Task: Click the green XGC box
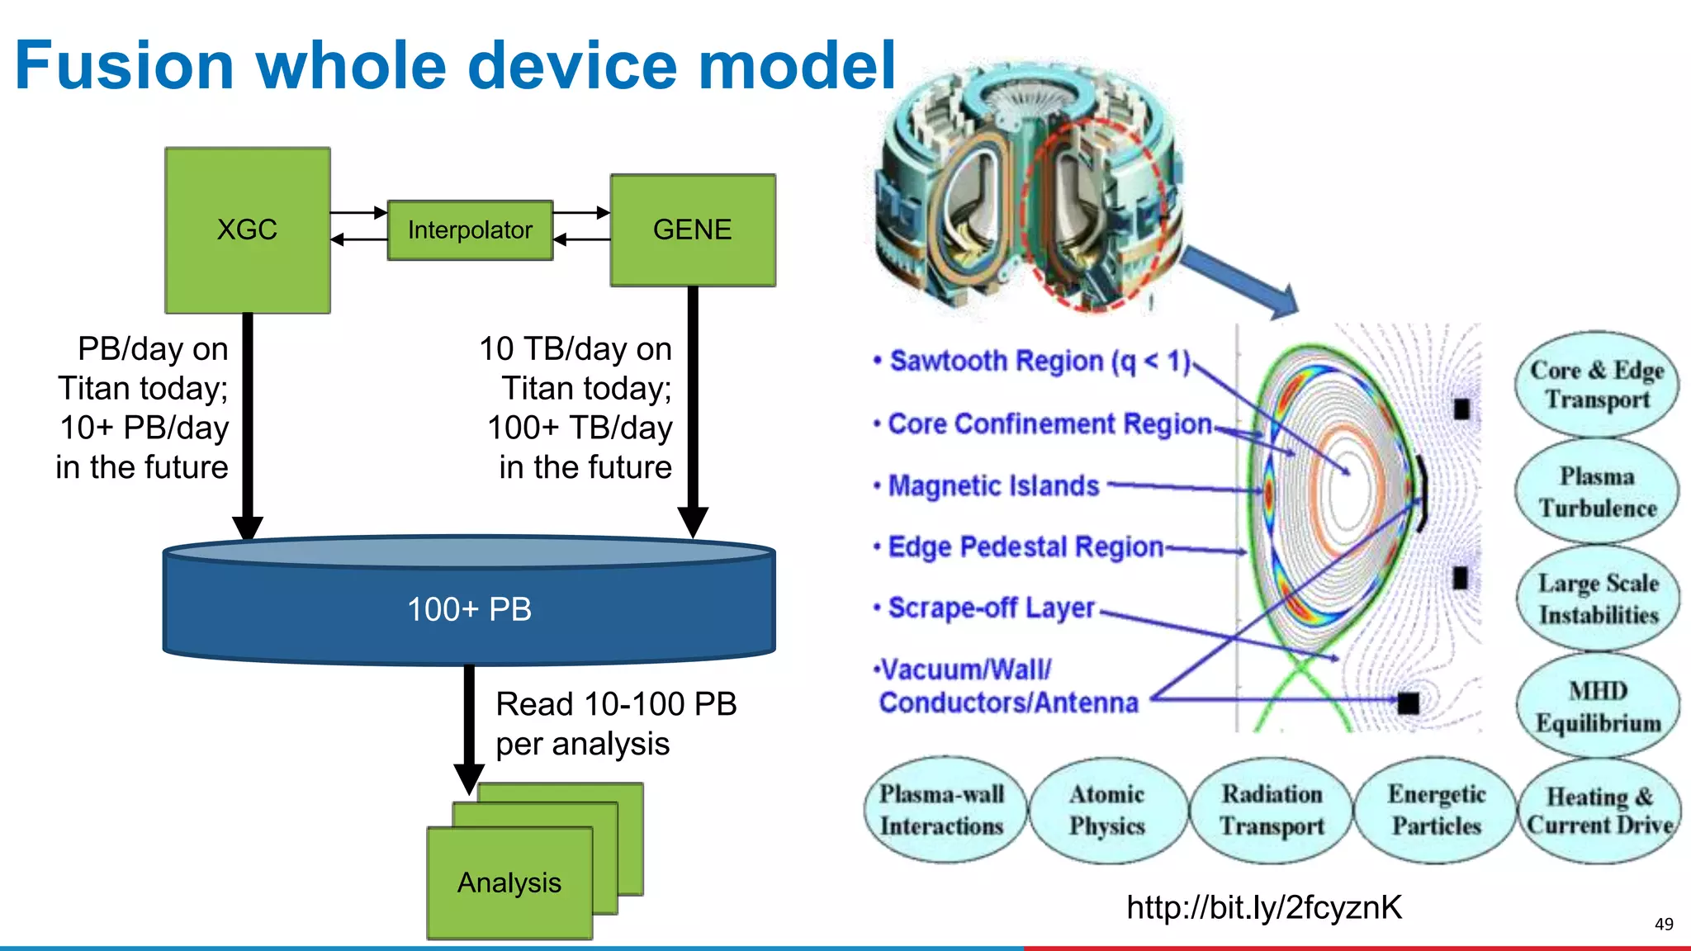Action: click(247, 229)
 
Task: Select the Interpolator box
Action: click(470, 229)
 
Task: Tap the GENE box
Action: click(692, 229)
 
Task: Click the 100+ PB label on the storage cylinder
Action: click(469, 609)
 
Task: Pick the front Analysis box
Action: click(509, 882)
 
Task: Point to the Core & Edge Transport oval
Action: click(1597, 385)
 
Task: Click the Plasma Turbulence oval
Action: click(1597, 492)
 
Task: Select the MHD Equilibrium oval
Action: click(1598, 707)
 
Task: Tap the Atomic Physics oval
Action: click(1106, 810)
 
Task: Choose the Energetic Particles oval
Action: click(1437, 810)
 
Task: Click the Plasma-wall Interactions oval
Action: click(941, 810)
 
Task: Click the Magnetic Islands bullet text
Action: click(993, 485)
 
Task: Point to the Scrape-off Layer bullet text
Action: click(991, 608)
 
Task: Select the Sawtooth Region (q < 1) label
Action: click(1039, 361)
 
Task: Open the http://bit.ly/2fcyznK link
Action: click(1263, 907)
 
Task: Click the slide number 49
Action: click(1664, 924)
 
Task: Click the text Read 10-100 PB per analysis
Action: click(615, 724)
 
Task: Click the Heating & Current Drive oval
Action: click(1599, 810)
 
